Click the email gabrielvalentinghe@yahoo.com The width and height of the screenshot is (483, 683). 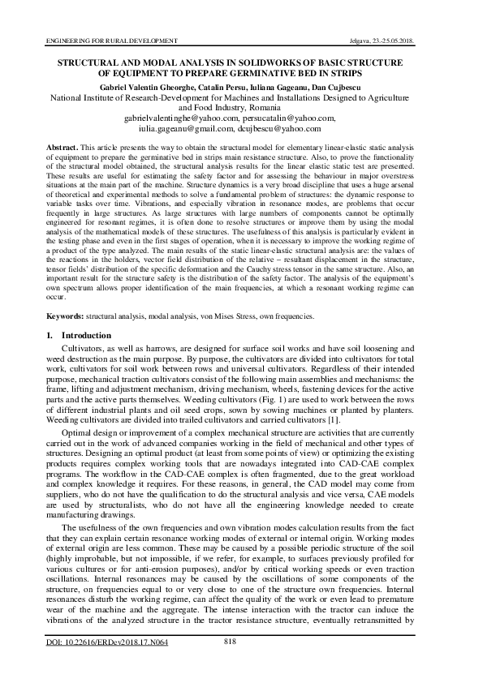179,118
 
